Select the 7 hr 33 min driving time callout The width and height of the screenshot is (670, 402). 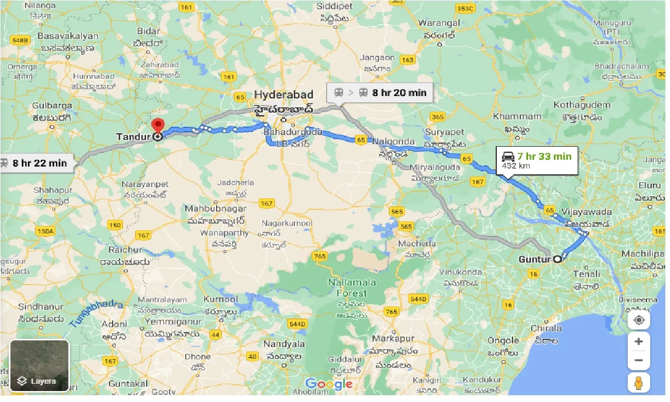(x=537, y=160)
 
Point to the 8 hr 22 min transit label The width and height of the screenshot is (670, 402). (x=35, y=163)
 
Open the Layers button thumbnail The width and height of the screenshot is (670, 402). (x=40, y=365)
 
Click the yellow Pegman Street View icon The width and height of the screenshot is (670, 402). (x=639, y=382)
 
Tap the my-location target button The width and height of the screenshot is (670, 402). (x=639, y=320)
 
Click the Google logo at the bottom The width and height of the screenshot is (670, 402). (x=329, y=384)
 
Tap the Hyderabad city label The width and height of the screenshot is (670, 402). (x=284, y=95)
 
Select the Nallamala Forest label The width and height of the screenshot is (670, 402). (x=352, y=288)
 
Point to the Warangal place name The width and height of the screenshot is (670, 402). (x=439, y=23)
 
